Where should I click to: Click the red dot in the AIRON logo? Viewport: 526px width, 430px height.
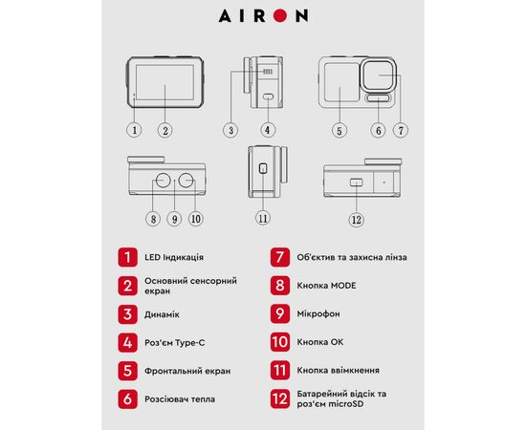pyautogui.click(x=280, y=15)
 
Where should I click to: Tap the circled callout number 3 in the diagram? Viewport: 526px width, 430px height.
pyautogui.click(x=230, y=130)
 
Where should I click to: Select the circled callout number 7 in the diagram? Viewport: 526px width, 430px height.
pyautogui.click(x=401, y=130)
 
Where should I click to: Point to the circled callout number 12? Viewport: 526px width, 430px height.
pyautogui.click(x=357, y=220)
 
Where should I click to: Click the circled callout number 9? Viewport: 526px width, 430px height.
pyautogui.click(x=174, y=219)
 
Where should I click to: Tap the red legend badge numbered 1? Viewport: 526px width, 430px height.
pyautogui.click(x=127, y=257)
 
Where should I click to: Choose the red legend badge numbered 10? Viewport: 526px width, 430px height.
pyautogui.click(x=280, y=342)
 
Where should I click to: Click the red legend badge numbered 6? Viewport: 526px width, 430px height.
pyautogui.click(x=127, y=399)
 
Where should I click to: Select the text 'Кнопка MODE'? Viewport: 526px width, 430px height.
pyautogui.click(x=326, y=286)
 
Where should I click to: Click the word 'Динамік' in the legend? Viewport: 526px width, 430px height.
pyautogui.click(x=162, y=314)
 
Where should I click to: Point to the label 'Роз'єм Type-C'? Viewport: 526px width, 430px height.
pyautogui.click(x=174, y=343)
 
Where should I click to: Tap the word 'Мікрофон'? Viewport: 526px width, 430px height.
pyautogui.click(x=318, y=314)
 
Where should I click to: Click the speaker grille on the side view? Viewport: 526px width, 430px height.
pyautogui.click(x=268, y=72)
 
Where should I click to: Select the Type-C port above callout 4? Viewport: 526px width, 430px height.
pyautogui.click(x=268, y=97)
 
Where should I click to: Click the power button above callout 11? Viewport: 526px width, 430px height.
pyautogui.click(x=263, y=168)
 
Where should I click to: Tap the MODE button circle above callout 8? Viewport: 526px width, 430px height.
pyautogui.click(x=163, y=181)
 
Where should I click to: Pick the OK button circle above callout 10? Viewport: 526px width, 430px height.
pyautogui.click(x=186, y=181)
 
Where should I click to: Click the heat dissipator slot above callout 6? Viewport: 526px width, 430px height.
pyautogui.click(x=378, y=97)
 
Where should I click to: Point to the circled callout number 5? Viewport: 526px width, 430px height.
pyautogui.click(x=340, y=130)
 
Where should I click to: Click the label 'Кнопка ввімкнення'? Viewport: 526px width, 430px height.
pyautogui.click(x=339, y=371)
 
